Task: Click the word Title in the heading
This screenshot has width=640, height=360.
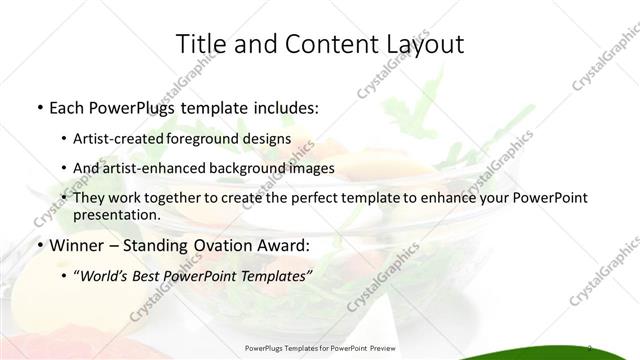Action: coord(200,43)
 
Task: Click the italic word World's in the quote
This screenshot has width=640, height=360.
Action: coord(104,275)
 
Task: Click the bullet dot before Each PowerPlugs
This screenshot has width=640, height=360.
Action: coord(38,105)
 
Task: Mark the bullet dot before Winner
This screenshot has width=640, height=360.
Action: coord(38,244)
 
